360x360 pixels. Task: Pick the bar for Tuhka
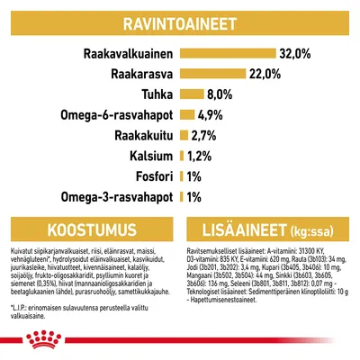pyautogui.click(x=191, y=94)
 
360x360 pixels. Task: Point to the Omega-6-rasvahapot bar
pyautogui.click(x=186, y=115)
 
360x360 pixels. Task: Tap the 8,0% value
pyautogui.click(x=221, y=94)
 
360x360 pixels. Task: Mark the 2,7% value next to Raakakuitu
pyautogui.click(x=203, y=136)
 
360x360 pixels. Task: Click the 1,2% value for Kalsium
pyautogui.click(x=199, y=156)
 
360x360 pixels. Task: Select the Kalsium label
pyautogui.click(x=149, y=156)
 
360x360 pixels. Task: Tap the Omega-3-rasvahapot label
pyautogui.click(x=116, y=197)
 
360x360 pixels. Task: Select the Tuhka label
pyautogui.click(x=156, y=94)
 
